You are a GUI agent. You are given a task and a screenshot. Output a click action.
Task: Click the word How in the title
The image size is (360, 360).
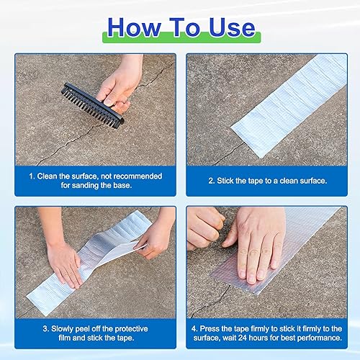click(x=134, y=27)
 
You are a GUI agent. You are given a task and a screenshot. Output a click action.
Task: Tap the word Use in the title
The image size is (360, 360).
click(x=232, y=27)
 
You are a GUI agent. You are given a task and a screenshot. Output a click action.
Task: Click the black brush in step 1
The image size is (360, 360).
click(x=93, y=106)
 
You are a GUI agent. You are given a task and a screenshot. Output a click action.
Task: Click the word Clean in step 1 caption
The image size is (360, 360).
click(x=48, y=176)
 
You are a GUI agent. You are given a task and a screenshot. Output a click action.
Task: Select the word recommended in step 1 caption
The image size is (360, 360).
click(x=138, y=176)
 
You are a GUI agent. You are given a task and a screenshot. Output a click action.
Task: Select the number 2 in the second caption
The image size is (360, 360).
click(x=210, y=181)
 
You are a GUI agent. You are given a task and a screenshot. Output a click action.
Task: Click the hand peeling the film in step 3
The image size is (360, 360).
click(x=156, y=236)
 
